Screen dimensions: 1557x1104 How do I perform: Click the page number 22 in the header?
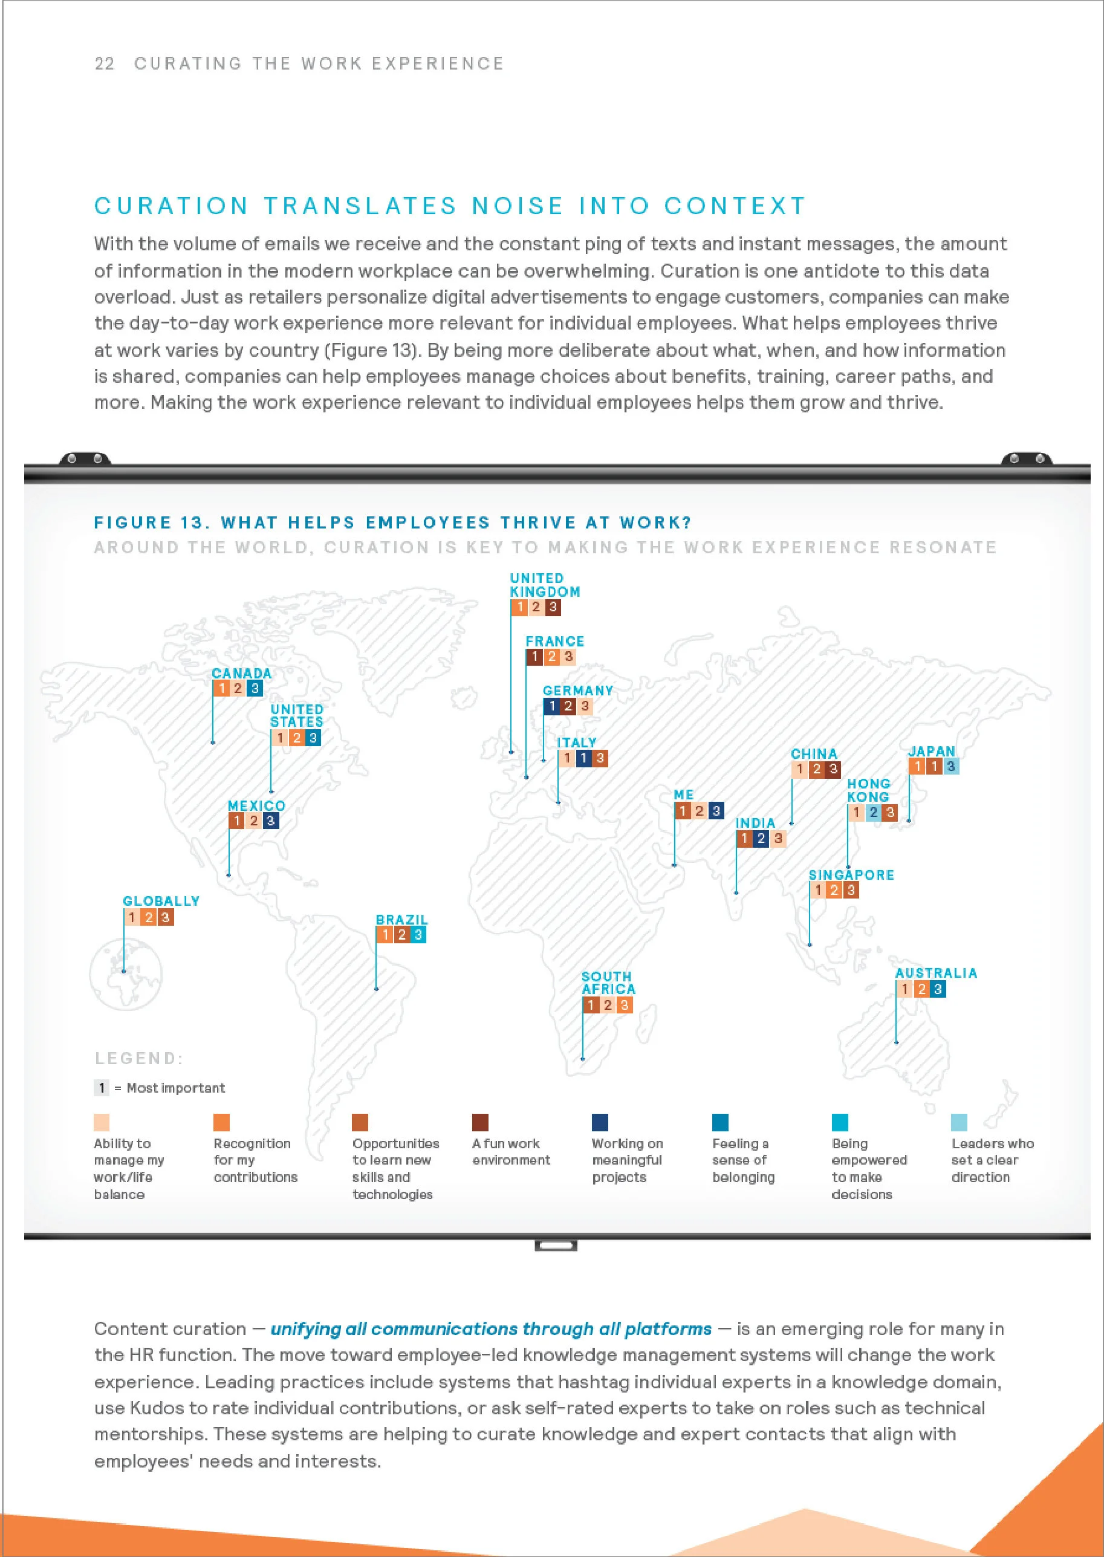(x=104, y=64)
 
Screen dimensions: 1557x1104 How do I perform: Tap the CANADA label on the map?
(x=241, y=673)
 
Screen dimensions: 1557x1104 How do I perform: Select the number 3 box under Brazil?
(x=418, y=935)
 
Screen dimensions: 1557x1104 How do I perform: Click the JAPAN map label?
(x=931, y=752)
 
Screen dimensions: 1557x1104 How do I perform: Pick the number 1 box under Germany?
(x=551, y=706)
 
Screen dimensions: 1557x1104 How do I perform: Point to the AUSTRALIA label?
(x=936, y=973)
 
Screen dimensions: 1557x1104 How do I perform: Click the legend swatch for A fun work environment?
(x=481, y=1122)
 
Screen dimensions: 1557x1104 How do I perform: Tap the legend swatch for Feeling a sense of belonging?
(x=721, y=1122)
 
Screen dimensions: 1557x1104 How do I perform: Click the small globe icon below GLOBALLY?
(x=125, y=973)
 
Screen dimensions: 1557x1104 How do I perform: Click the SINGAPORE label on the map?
(x=851, y=875)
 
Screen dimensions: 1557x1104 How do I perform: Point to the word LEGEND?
(x=138, y=1059)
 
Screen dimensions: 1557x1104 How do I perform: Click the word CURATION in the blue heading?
(x=171, y=206)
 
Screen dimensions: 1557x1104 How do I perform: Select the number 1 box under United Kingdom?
(x=519, y=607)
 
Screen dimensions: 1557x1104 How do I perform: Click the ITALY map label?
(x=576, y=743)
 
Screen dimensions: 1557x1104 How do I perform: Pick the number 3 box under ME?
(x=716, y=811)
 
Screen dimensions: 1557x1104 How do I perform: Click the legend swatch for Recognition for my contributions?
(x=222, y=1122)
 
